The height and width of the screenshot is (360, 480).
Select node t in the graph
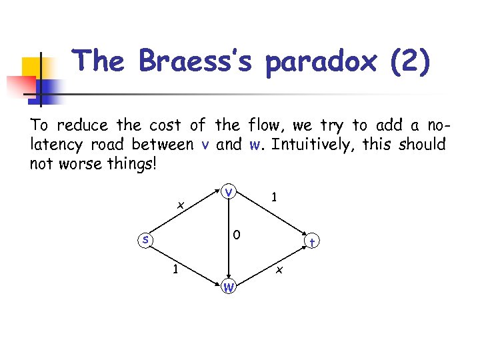point(312,243)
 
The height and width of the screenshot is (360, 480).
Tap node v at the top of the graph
point(229,192)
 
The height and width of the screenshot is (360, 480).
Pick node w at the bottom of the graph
point(229,287)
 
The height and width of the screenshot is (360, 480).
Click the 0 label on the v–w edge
point(237,235)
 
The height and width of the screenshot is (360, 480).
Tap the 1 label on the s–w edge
point(175,270)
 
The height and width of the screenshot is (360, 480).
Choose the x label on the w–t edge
point(280,270)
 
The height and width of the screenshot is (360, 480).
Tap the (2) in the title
point(409,62)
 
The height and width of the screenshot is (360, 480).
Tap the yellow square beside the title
point(35,68)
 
